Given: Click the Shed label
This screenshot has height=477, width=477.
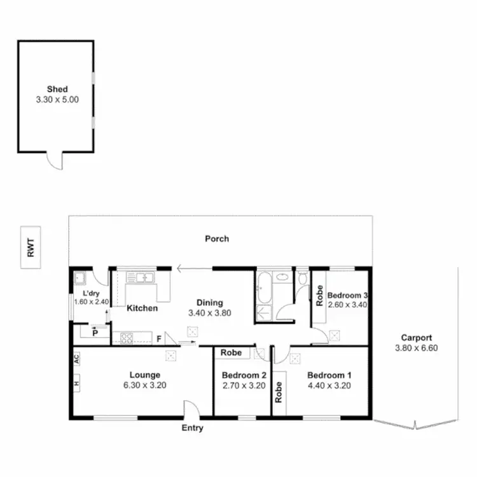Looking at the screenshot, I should click(57, 90).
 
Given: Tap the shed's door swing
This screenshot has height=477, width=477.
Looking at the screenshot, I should click(55, 162).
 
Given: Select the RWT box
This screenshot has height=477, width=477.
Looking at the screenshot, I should click(30, 247).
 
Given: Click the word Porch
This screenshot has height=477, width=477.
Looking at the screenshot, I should click(216, 239).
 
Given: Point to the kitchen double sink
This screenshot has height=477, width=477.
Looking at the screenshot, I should click(141, 277).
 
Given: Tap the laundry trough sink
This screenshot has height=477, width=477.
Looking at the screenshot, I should click(80, 278).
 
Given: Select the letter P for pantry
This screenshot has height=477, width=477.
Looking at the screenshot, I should click(94, 332).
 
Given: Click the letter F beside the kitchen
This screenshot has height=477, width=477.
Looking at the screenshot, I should click(159, 339).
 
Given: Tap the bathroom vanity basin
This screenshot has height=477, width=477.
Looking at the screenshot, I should click(263, 312).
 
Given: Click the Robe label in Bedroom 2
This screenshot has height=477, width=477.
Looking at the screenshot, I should click(232, 352).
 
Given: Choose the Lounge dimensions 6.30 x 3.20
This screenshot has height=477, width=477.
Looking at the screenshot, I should click(144, 385).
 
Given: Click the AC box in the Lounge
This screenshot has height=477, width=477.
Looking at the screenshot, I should click(76, 359).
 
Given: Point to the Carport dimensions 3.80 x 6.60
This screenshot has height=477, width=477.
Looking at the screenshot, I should click(417, 348).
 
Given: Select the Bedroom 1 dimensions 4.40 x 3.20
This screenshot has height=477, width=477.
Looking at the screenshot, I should click(329, 385).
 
